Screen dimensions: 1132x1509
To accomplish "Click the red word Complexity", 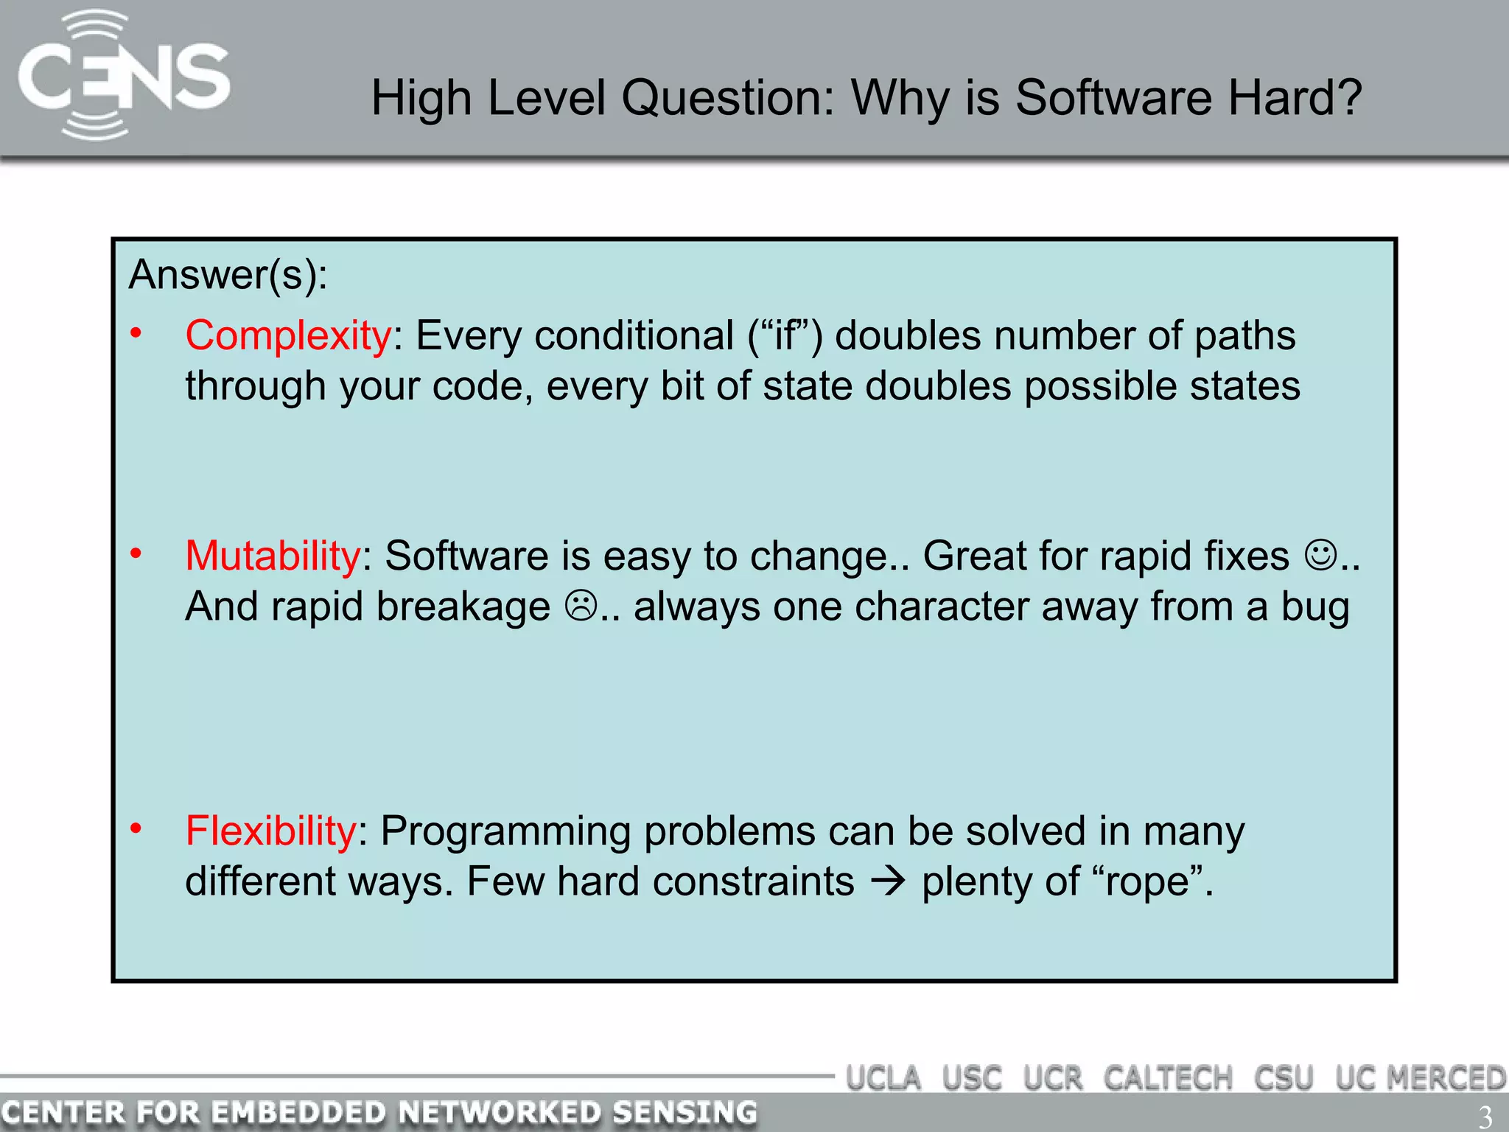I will pyautogui.click(x=287, y=336).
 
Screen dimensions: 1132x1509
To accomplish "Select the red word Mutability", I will pyautogui.click(x=272, y=556).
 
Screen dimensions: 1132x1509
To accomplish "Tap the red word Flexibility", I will pyautogui.click(x=270, y=831).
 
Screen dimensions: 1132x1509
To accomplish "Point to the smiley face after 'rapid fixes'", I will pyautogui.click(x=1320, y=556).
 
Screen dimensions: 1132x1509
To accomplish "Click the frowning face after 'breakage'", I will pyautogui.click(x=581, y=607).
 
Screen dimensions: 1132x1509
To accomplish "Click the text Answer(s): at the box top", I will pyautogui.click(x=228, y=275).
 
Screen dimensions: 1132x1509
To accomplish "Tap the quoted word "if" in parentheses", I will pyautogui.click(x=785, y=336).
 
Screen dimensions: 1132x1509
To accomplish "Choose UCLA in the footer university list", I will pyautogui.click(x=883, y=1078).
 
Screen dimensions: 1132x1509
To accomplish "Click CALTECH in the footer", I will pyautogui.click(x=1168, y=1078).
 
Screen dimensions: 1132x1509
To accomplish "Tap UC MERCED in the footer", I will pyautogui.click(x=1421, y=1078).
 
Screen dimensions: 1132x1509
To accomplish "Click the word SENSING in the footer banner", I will pyautogui.click(x=685, y=1112).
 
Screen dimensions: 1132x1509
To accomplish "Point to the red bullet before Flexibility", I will pyautogui.click(x=136, y=829).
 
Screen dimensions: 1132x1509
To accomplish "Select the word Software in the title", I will pyautogui.click(x=1113, y=98).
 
